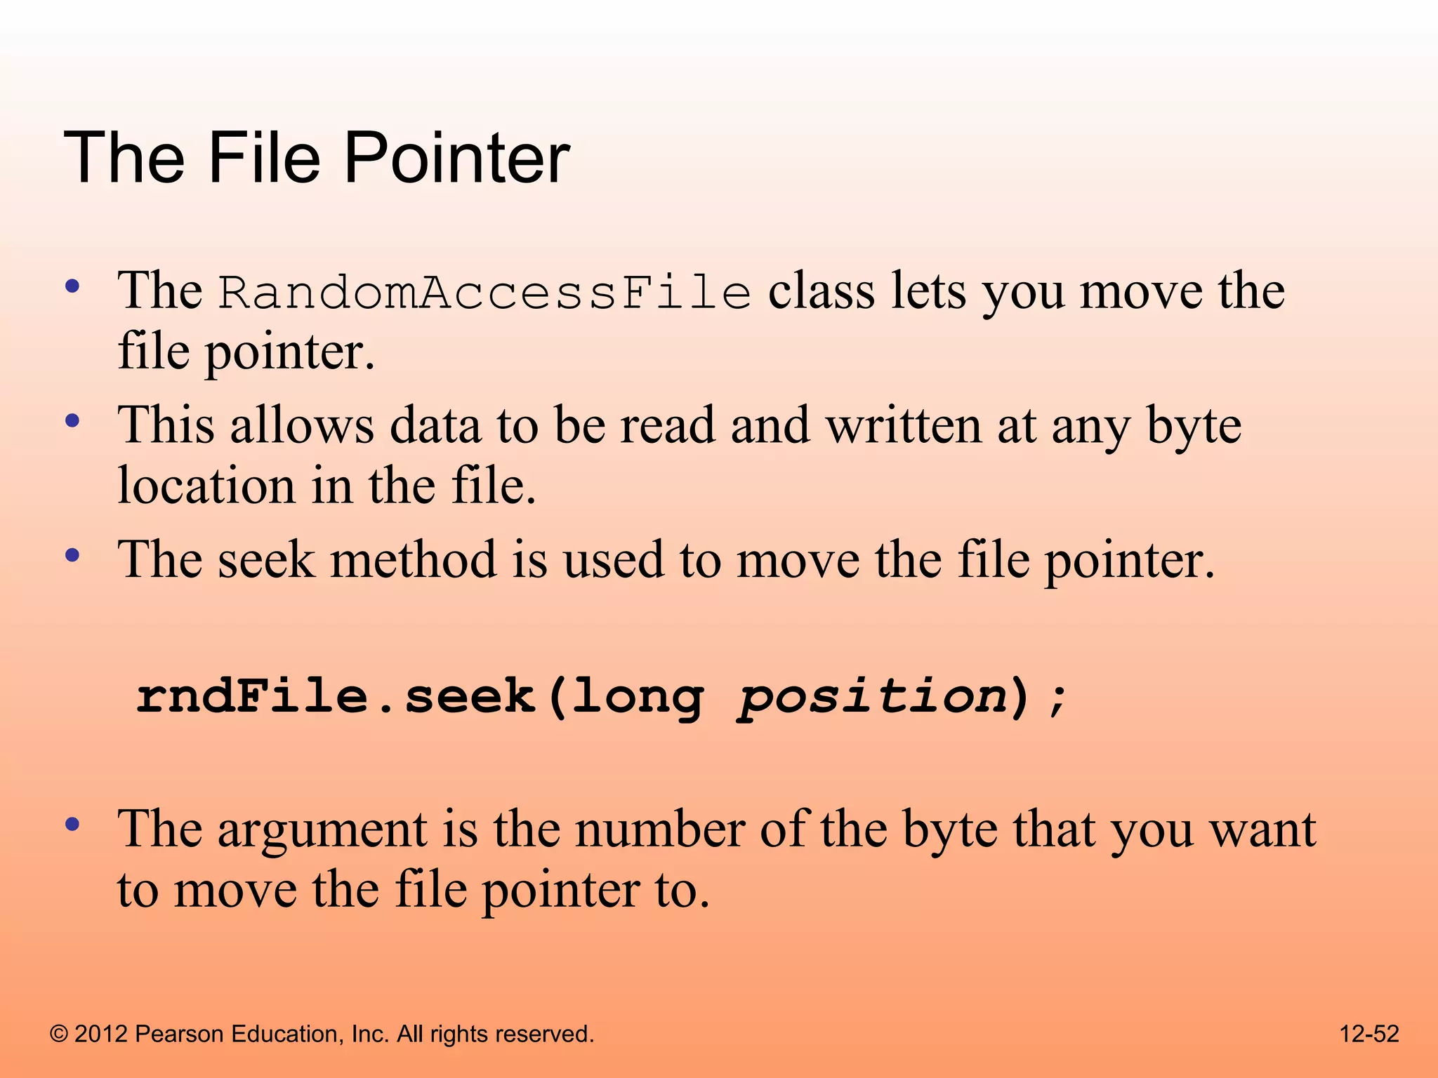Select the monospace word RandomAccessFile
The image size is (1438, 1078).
pos(484,292)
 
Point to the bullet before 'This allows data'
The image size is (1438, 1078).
pos(72,422)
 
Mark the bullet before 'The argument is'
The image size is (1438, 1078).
pos(72,825)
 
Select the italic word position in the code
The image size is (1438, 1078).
pos(873,697)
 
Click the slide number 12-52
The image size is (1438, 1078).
pos(1369,1034)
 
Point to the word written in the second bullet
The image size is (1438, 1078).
pos(902,425)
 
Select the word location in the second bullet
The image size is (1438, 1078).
pos(206,486)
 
